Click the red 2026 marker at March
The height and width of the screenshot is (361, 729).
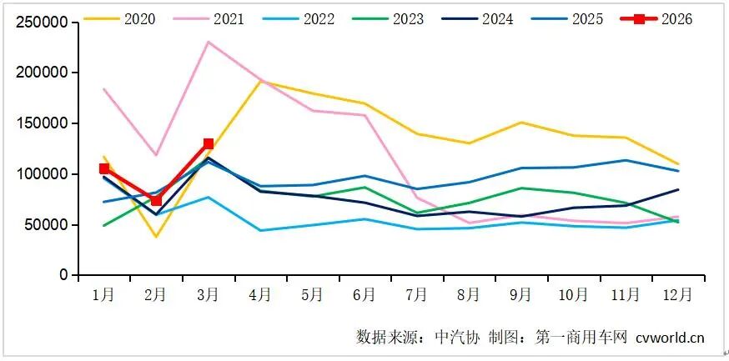pyautogui.click(x=209, y=144)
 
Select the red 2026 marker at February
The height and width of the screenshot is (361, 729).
pyautogui.click(x=156, y=200)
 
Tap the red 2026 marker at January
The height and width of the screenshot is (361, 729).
pyautogui.click(x=104, y=168)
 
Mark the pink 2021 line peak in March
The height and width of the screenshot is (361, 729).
pyautogui.click(x=209, y=42)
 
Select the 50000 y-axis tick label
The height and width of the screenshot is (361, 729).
pyautogui.click(x=47, y=224)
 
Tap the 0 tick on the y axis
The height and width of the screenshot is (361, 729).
pyautogui.click(x=63, y=275)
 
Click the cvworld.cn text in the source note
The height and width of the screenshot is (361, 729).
pyautogui.click(x=670, y=337)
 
